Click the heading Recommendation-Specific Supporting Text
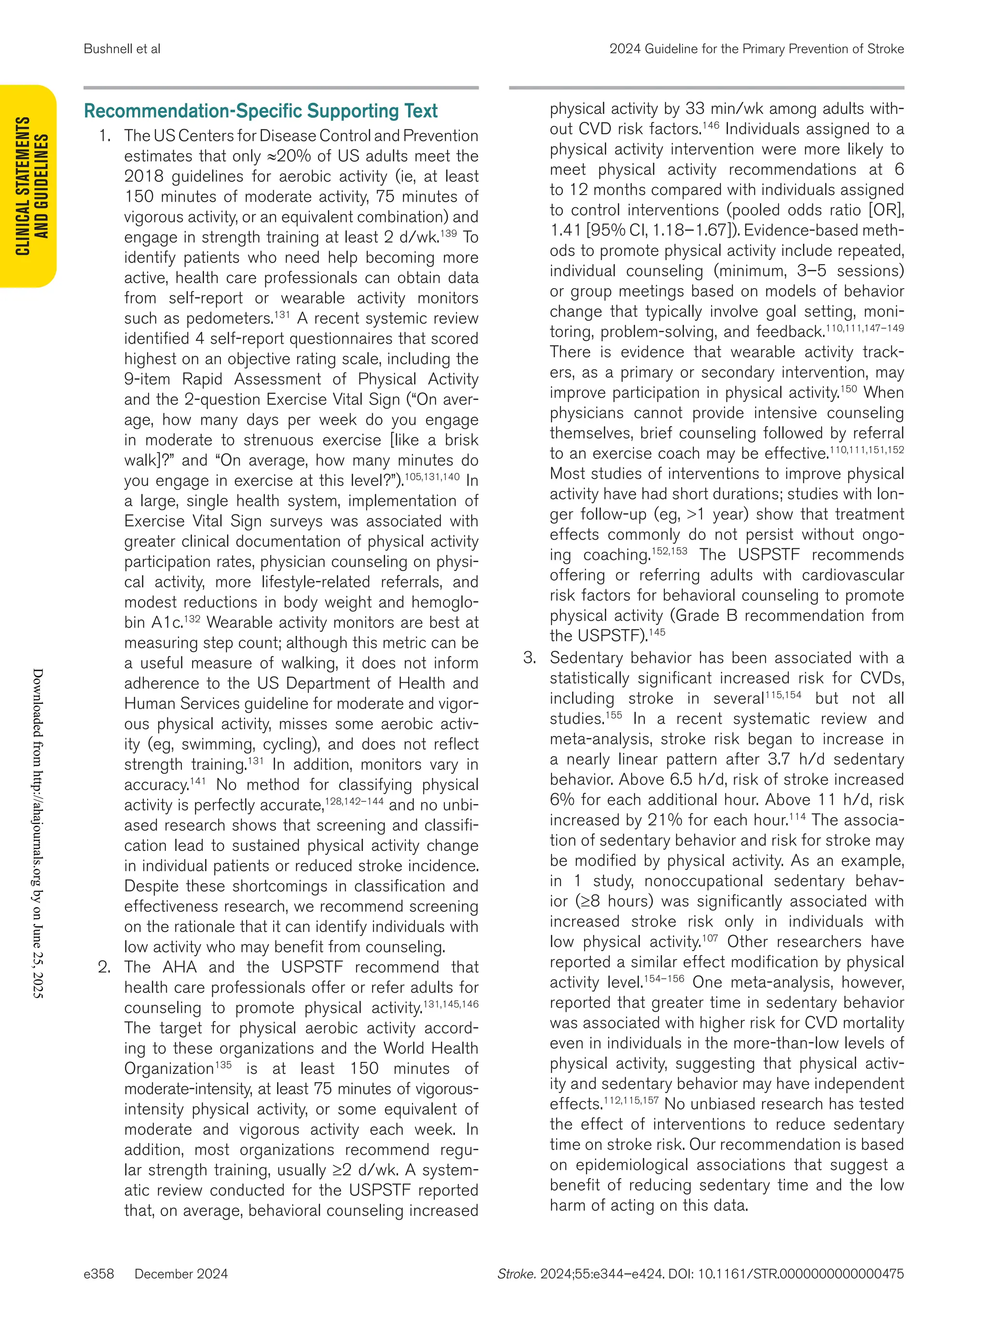click(261, 111)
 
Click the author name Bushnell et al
click(122, 49)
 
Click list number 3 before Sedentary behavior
click(530, 658)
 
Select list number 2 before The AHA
click(104, 967)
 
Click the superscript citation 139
click(448, 233)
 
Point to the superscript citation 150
click(848, 389)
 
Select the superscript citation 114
click(797, 816)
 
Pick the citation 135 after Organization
click(223, 1065)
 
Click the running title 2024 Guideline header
click(756, 49)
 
